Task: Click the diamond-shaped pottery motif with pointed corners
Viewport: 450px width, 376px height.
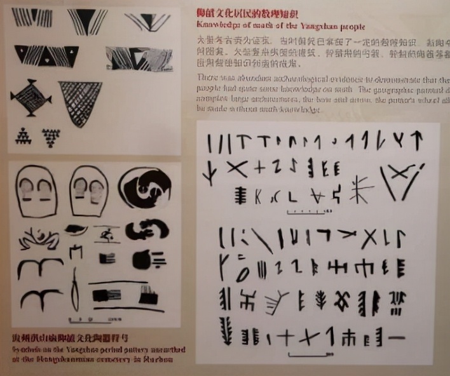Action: pyautogui.click(x=31, y=98)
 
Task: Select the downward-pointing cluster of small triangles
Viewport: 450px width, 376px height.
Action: pyautogui.click(x=51, y=136)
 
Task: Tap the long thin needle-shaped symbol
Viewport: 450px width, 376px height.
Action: pyautogui.click(x=75, y=290)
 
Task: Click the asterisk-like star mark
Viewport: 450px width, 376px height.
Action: pyautogui.click(x=360, y=188)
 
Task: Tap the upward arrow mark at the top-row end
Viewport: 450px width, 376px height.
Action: pyautogui.click(x=418, y=140)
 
